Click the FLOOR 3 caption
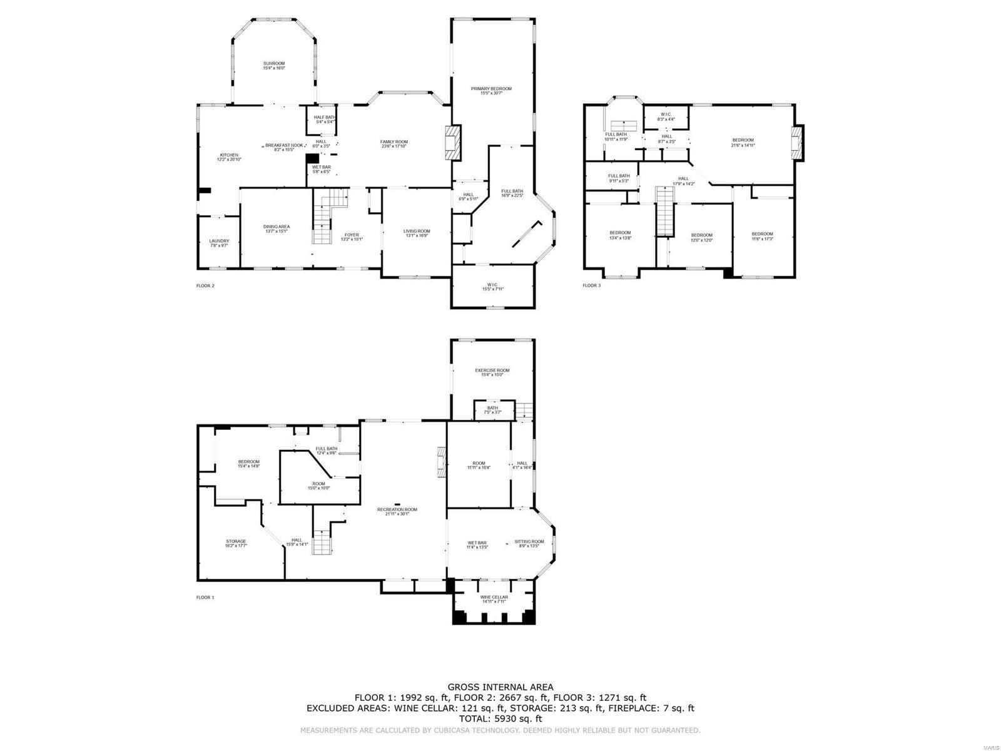591,285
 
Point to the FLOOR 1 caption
205,597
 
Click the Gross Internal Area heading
500,687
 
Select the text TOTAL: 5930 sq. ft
500,720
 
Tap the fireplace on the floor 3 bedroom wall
796,142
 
